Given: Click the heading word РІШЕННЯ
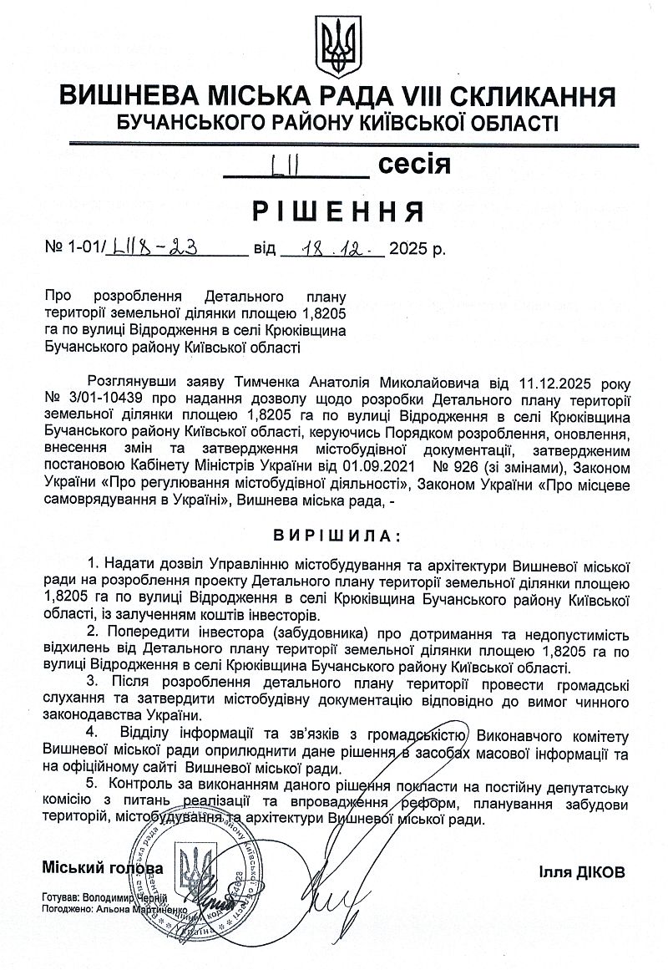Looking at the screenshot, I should [335, 212].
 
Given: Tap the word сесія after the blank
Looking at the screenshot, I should [414, 164].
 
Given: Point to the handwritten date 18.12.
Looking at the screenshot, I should [332, 247].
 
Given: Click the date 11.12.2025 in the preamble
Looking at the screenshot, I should [545, 383].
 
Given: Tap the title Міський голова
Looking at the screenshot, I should [103, 868].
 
